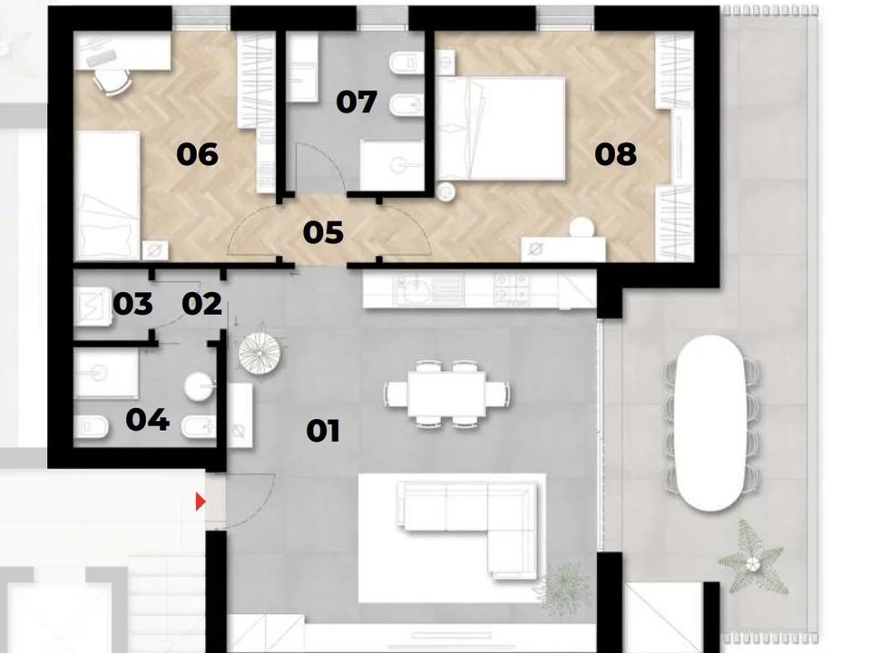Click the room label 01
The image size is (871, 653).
tap(323, 432)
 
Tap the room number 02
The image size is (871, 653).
tap(201, 304)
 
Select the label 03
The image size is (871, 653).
tap(132, 304)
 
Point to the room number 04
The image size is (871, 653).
tap(147, 420)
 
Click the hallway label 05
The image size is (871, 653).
tap(323, 233)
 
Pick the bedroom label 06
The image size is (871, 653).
tap(197, 154)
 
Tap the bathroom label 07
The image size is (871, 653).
tap(357, 102)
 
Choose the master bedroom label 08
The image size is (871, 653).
tap(615, 154)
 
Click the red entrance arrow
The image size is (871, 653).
tap(201, 502)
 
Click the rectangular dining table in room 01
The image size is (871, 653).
tap(446, 395)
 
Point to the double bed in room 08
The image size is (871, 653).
tap(501, 129)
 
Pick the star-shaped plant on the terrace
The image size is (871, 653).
tap(753, 557)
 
